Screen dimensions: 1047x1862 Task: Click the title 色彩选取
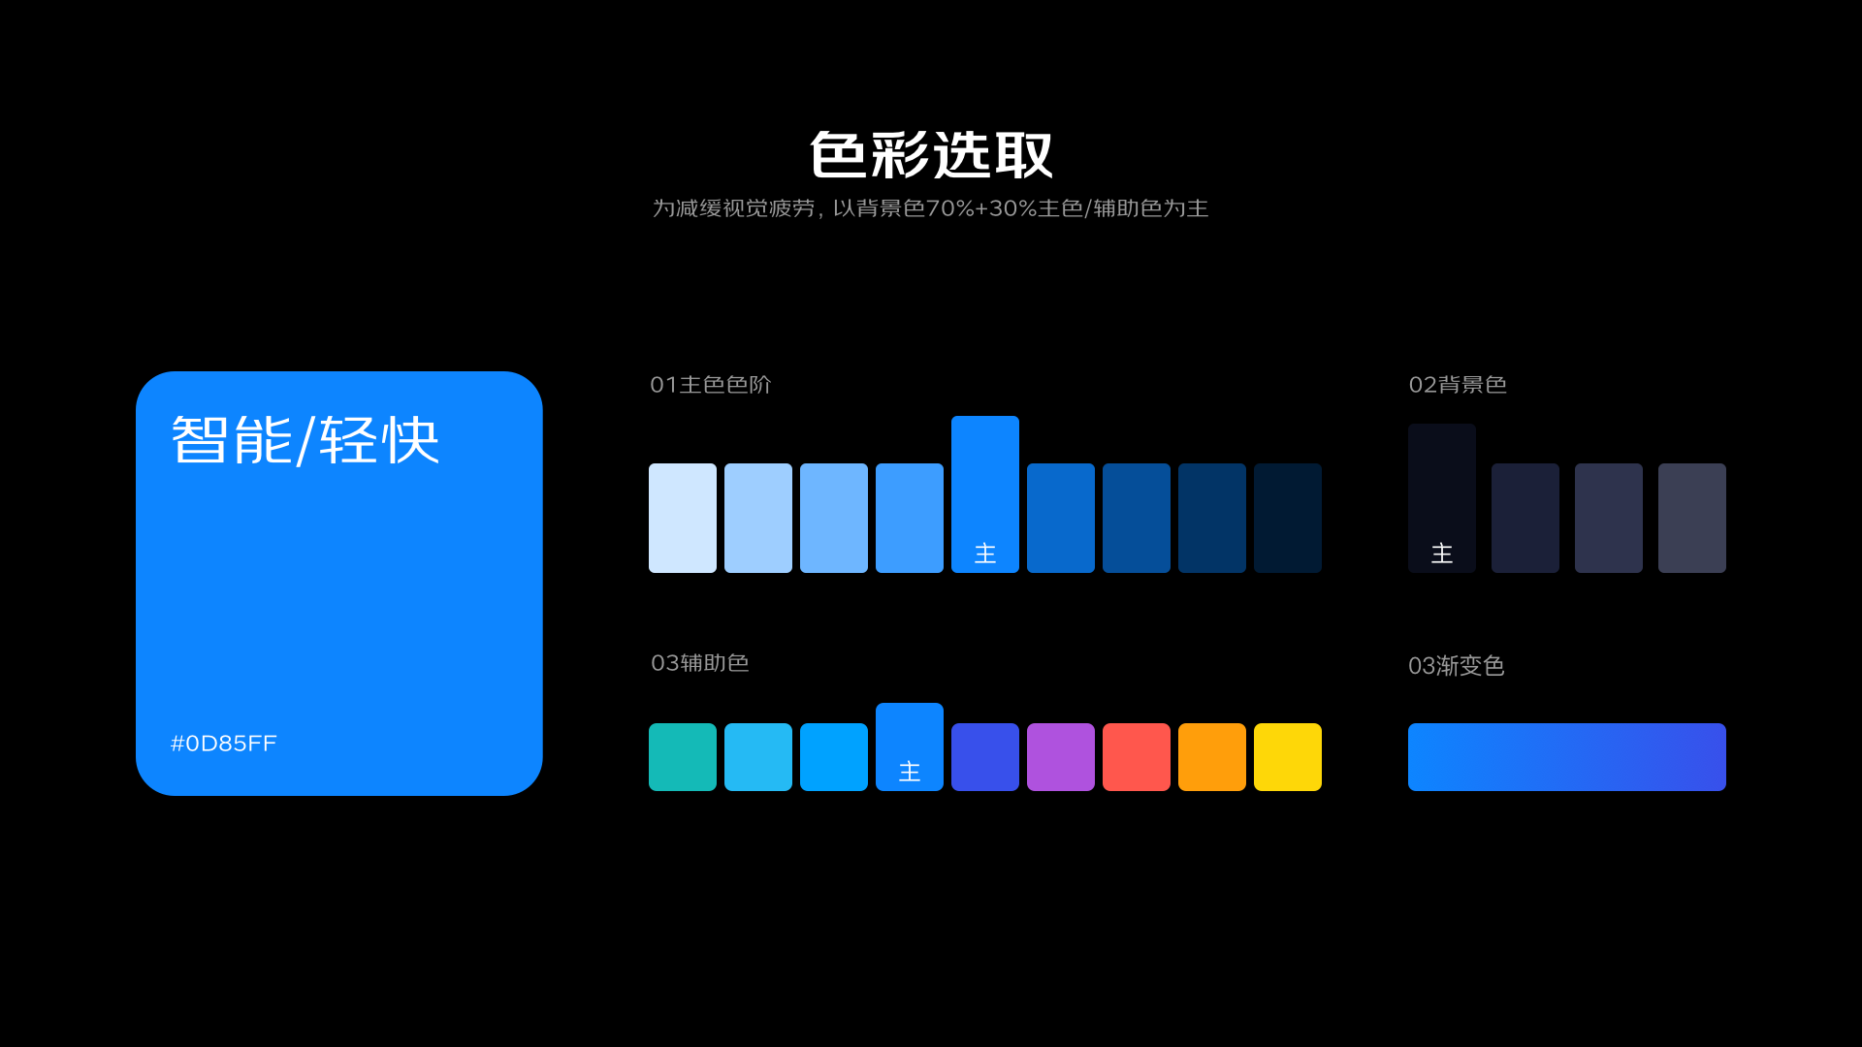tap(931, 155)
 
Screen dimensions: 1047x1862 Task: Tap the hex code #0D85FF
tap(224, 744)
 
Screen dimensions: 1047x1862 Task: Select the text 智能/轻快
tap(305, 440)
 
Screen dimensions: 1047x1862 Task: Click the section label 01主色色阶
tap(711, 385)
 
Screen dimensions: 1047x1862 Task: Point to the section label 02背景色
tap(1458, 385)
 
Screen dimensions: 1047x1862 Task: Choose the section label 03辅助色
tap(700, 663)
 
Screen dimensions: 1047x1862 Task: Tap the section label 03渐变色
tap(1457, 666)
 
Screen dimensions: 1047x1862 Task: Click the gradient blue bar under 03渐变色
tap(1566, 757)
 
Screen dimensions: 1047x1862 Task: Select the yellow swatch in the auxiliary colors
tap(1288, 757)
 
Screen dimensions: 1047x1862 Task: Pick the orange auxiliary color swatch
tap(1212, 757)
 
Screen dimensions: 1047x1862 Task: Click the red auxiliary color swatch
tap(1137, 757)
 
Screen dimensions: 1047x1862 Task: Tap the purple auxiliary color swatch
tap(1061, 757)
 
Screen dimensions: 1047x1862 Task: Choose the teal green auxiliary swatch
tap(683, 757)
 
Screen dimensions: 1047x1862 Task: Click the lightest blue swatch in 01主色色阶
tap(683, 518)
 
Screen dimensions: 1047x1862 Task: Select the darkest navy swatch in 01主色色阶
tap(1288, 518)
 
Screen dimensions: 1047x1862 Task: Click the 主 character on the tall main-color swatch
tap(985, 554)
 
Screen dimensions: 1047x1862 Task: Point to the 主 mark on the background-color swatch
tap(1442, 554)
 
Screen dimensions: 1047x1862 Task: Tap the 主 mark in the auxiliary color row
tap(910, 772)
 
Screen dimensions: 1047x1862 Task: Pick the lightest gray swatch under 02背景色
tap(1692, 518)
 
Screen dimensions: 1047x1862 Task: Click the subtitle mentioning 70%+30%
tap(931, 208)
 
